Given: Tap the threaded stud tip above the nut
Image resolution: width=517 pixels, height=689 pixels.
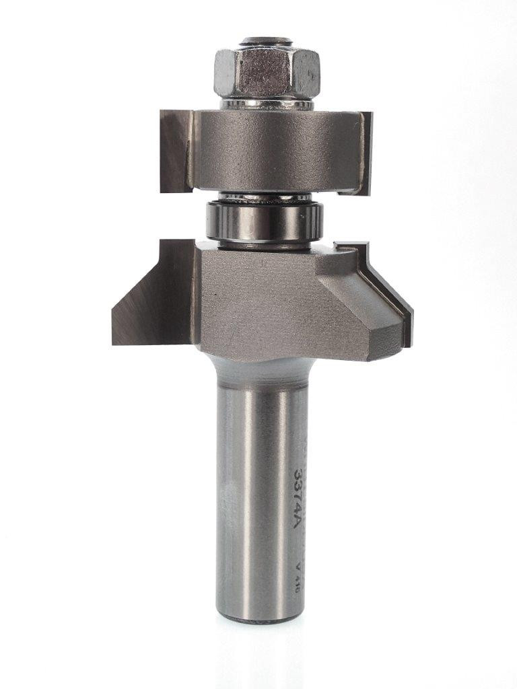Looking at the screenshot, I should coord(267,42).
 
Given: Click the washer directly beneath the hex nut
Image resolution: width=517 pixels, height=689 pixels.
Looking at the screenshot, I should coord(268,104).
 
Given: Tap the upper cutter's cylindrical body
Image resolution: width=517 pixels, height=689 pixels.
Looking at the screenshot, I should coord(276,149).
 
